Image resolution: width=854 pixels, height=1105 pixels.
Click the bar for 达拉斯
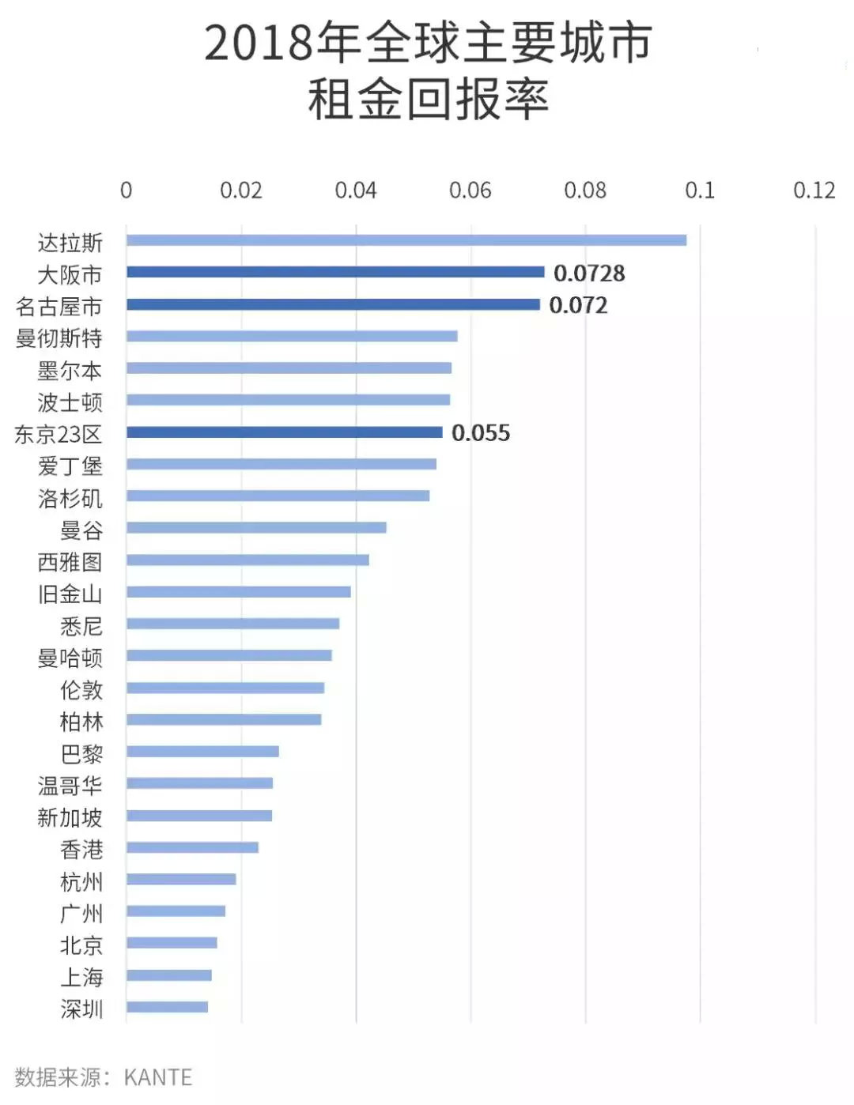coord(406,240)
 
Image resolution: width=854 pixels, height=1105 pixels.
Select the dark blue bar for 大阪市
coord(335,273)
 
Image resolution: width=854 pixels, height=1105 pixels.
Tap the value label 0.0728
coord(589,273)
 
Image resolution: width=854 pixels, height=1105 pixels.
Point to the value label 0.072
coord(578,305)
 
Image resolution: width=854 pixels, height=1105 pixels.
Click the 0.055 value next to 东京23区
coord(481,433)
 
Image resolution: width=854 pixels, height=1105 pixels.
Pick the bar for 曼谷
coord(256,527)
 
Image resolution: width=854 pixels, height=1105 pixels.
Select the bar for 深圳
coord(167,1007)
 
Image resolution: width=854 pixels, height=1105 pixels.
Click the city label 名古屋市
coord(59,307)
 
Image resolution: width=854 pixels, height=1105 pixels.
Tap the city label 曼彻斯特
coord(59,338)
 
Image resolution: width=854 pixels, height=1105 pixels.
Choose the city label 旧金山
coord(70,594)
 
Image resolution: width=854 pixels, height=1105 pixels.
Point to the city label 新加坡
coord(70,817)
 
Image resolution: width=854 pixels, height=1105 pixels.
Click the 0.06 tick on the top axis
coord(470,190)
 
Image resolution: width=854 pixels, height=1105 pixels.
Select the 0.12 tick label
coord(814,190)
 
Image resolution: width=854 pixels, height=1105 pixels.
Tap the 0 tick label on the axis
coord(126,190)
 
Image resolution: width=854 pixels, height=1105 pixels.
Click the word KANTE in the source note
coord(158,1077)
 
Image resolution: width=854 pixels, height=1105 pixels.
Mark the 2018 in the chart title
coord(259,43)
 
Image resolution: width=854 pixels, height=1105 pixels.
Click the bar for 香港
coord(192,847)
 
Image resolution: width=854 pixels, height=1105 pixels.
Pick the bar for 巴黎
coord(202,751)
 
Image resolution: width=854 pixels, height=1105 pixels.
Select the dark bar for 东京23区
coord(284,432)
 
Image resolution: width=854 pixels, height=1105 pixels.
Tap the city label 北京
coord(81,945)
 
